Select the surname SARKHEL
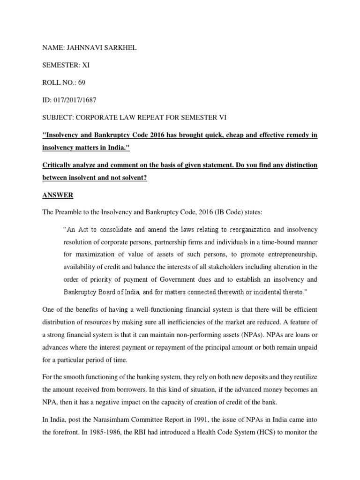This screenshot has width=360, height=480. point(120,48)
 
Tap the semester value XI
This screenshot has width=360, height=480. point(86,65)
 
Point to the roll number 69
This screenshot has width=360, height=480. point(82,82)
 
